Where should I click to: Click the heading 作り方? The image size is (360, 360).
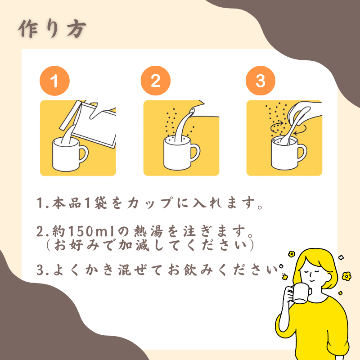click(x=52, y=29)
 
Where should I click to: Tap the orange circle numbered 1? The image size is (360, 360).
click(x=54, y=81)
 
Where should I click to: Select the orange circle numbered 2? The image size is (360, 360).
click(x=156, y=81)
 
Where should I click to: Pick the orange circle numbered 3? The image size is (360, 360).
click(x=261, y=81)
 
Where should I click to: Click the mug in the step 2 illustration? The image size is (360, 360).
click(x=181, y=153)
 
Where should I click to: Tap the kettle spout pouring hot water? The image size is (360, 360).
click(x=192, y=112)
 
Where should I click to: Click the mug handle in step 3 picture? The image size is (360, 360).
click(x=302, y=153)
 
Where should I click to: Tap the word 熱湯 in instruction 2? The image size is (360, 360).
click(x=148, y=231)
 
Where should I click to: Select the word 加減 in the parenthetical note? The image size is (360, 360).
click(x=134, y=245)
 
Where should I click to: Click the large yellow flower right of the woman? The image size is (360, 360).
click(x=346, y=276)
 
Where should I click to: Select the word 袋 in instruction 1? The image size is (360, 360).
click(x=100, y=203)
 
